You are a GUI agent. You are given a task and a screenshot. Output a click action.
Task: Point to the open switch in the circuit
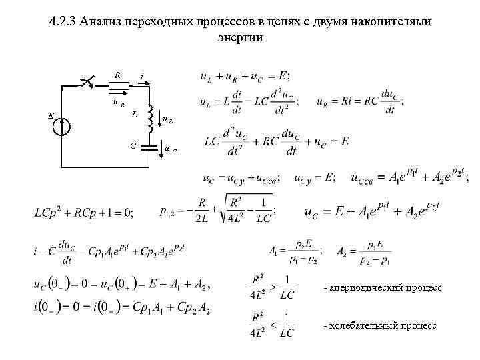87,83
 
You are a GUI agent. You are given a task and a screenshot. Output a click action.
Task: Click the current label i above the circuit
142,76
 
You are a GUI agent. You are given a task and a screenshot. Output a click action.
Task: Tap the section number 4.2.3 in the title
62,22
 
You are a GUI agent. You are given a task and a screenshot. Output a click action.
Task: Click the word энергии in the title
241,37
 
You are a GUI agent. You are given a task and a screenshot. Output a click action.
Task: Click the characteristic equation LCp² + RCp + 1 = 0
84,213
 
